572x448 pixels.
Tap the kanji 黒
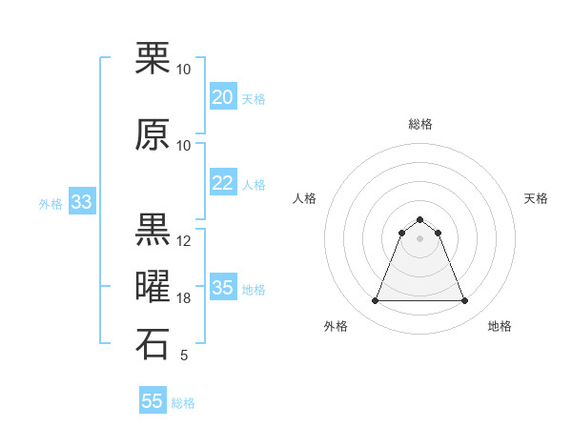point(153,230)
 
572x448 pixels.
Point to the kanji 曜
point(153,287)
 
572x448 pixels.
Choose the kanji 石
point(153,345)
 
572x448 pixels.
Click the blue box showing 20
point(222,97)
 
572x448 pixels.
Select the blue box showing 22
point(222,183)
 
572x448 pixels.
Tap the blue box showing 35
point(222,288)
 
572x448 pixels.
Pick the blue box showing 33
point(81,202)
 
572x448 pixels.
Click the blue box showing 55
point(153,401)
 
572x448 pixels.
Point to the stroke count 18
point(184,298)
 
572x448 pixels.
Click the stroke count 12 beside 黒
point(184,241)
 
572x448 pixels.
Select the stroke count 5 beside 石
point(184,356)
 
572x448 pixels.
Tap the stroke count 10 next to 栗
point(184,70)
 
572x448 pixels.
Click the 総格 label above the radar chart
point(419,124)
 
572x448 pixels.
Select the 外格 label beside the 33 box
point(50,203)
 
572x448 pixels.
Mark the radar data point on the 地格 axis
point(464,301)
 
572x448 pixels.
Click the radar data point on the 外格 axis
point(375,301)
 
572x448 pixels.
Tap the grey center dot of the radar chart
point(419,238)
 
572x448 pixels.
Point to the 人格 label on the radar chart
point(305,198)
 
